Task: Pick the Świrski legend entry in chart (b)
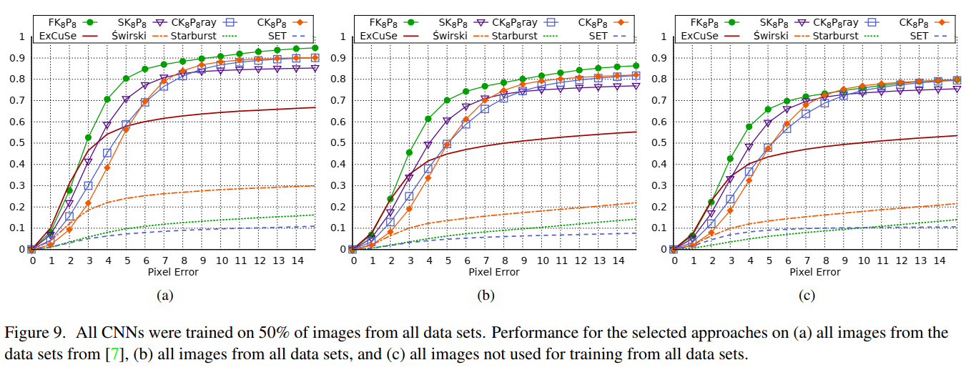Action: point(456,35)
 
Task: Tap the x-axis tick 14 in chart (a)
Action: point(297,261)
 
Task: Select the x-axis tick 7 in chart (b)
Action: point(485,261)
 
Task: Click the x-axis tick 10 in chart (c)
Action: point(863,261)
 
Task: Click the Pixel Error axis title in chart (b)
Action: point(493,273)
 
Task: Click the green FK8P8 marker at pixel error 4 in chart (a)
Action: point(107,99)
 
